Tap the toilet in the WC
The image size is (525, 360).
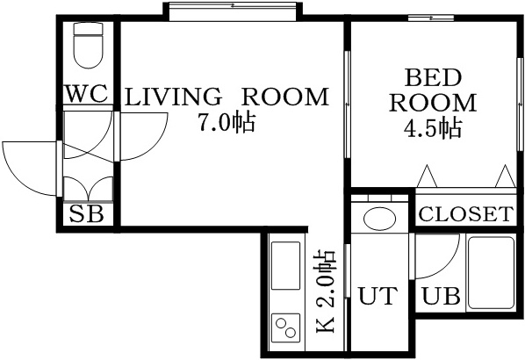click(88, 46)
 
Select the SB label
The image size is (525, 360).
click(87, 213)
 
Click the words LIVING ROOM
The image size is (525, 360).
click(226, 97)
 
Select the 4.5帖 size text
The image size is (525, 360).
click(432, 128)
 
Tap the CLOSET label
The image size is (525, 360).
click(464, 213)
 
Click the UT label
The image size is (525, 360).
click(379, 296)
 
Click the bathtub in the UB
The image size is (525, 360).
click(491, 272)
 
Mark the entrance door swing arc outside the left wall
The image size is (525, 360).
click(26, 167)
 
